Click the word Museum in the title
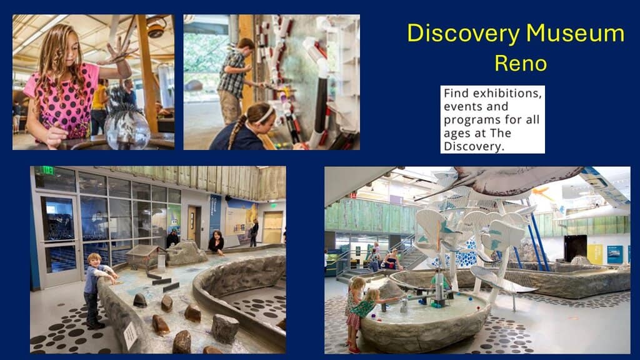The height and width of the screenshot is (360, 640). pyautogui.click(x=575, y=33)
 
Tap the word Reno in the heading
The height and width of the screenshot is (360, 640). pyautogui.click(x=521, y=63)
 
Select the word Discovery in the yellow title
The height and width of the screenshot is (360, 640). pyautogui.click(x=464, y=32)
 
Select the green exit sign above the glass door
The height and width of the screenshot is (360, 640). pyautogui.click(x=47, y=171)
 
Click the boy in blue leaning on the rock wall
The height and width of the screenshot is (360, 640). pyautogui.click(x=96, y=290)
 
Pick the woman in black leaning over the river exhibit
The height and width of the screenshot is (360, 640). pyautogui.click(x=216, y=242)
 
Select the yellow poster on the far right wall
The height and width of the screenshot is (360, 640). pyautogui.click(x=595, y=254)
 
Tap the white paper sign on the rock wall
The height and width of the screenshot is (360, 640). pyautogui.click(x=130, y=336)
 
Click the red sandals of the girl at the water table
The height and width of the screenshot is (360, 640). pyautogui.click(x=353, y=350)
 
